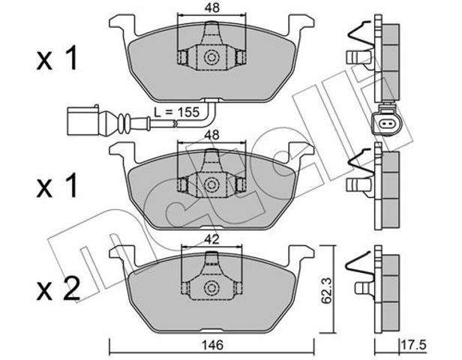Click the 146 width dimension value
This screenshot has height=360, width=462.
pos(212,345)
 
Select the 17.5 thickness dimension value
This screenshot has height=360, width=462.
pos(414,345)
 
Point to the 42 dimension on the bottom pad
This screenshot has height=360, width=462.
pos(211,240)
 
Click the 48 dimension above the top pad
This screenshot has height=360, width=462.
pos(212,8)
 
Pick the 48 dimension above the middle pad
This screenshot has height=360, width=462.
pos(211,135)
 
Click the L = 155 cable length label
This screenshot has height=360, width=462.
pos(177,112)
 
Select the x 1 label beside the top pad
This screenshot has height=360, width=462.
pos(57,58)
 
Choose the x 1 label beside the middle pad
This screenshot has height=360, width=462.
pos(57,185)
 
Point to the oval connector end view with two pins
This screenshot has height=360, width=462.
pos(385,124)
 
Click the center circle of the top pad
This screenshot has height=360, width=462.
pos(211,57)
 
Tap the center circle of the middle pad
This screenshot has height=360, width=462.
pos(211,184)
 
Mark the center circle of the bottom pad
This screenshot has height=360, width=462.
pos(211,286)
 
